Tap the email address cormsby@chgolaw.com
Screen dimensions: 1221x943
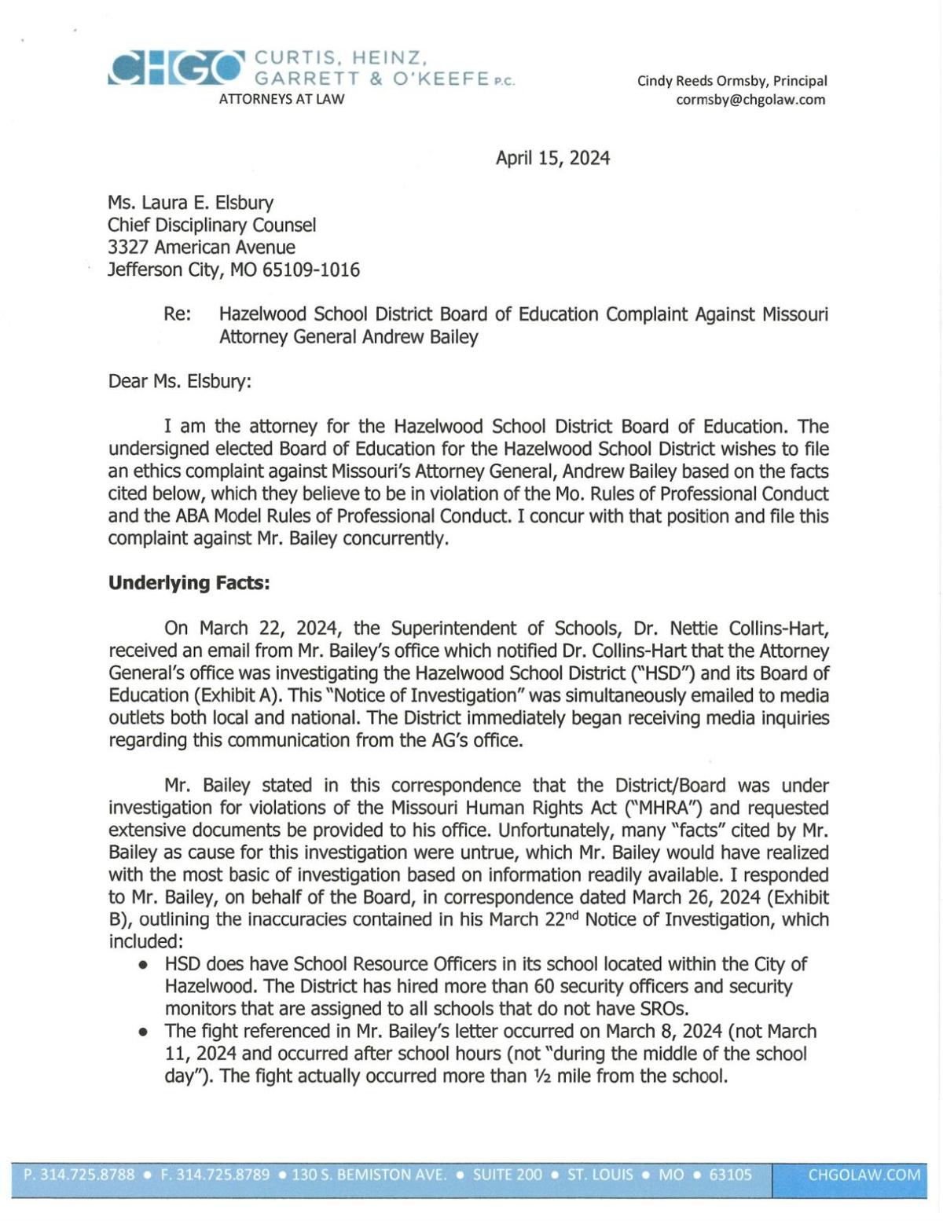(x=750, y=100)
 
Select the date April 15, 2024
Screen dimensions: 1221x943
(x=552, y=158)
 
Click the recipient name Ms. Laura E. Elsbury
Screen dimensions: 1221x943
(x=190, y=203)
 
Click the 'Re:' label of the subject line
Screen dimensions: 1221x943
(x=177, y=314)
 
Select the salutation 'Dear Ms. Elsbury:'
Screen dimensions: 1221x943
(x=180, y=382)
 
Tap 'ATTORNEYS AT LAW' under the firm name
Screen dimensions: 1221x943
(x=281, y=99)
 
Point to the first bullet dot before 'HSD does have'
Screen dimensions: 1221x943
(x=143, y=965)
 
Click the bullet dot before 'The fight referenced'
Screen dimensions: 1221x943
(x=143, y=1032)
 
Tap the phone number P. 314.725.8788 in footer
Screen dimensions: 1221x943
(x=79, y=1175)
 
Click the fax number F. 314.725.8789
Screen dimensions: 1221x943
(x=215, y=1175)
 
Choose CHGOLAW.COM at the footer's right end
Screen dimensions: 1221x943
(x=864, y=1175)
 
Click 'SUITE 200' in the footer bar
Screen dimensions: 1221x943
(x=507, y=1175)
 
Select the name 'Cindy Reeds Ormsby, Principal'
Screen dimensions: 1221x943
(x=732, y=81)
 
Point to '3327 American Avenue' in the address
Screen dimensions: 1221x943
(x=201, y=247)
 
